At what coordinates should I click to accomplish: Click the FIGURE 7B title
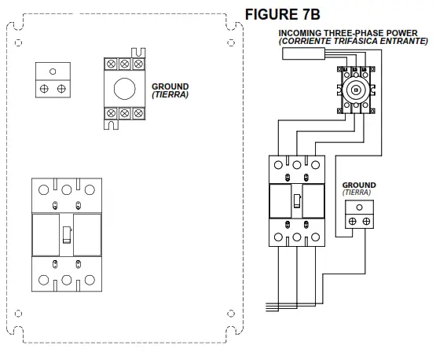[283, 14]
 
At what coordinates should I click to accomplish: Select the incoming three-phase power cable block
[304, 53]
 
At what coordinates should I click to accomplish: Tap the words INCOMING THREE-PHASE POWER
[348, 33]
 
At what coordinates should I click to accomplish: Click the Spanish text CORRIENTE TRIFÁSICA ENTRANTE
[354, 41]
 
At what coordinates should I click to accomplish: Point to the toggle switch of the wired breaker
[297, 201]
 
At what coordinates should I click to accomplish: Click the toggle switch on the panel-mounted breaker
[67, 235]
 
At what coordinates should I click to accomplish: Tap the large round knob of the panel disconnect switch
[125, 89]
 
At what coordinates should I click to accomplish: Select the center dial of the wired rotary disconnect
[355, 90]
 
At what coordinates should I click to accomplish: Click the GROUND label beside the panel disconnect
[170, 86]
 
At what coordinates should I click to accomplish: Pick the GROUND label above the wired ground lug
[359, 185]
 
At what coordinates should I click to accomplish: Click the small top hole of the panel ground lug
[53, 72]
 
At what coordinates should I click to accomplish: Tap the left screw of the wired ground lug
[352, 222]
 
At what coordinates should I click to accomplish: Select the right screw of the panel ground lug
[61, 89]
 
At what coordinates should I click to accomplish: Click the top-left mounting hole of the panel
[18, 42]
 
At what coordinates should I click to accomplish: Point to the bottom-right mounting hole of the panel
[231, 314]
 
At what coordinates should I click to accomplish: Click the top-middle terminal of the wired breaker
[297, 165]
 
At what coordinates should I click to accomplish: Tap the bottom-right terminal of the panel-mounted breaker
[90, 280]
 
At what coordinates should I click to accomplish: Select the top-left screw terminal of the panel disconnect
[111, 64]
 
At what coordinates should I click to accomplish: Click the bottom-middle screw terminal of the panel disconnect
[125, 113]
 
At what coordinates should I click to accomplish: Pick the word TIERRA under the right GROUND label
[357, 193]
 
